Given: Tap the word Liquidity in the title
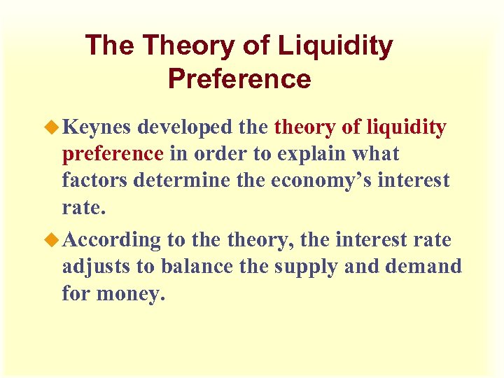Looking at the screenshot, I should pos(335,46).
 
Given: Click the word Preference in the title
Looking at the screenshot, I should pos(239,78).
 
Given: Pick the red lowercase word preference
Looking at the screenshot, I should pos(113,154).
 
